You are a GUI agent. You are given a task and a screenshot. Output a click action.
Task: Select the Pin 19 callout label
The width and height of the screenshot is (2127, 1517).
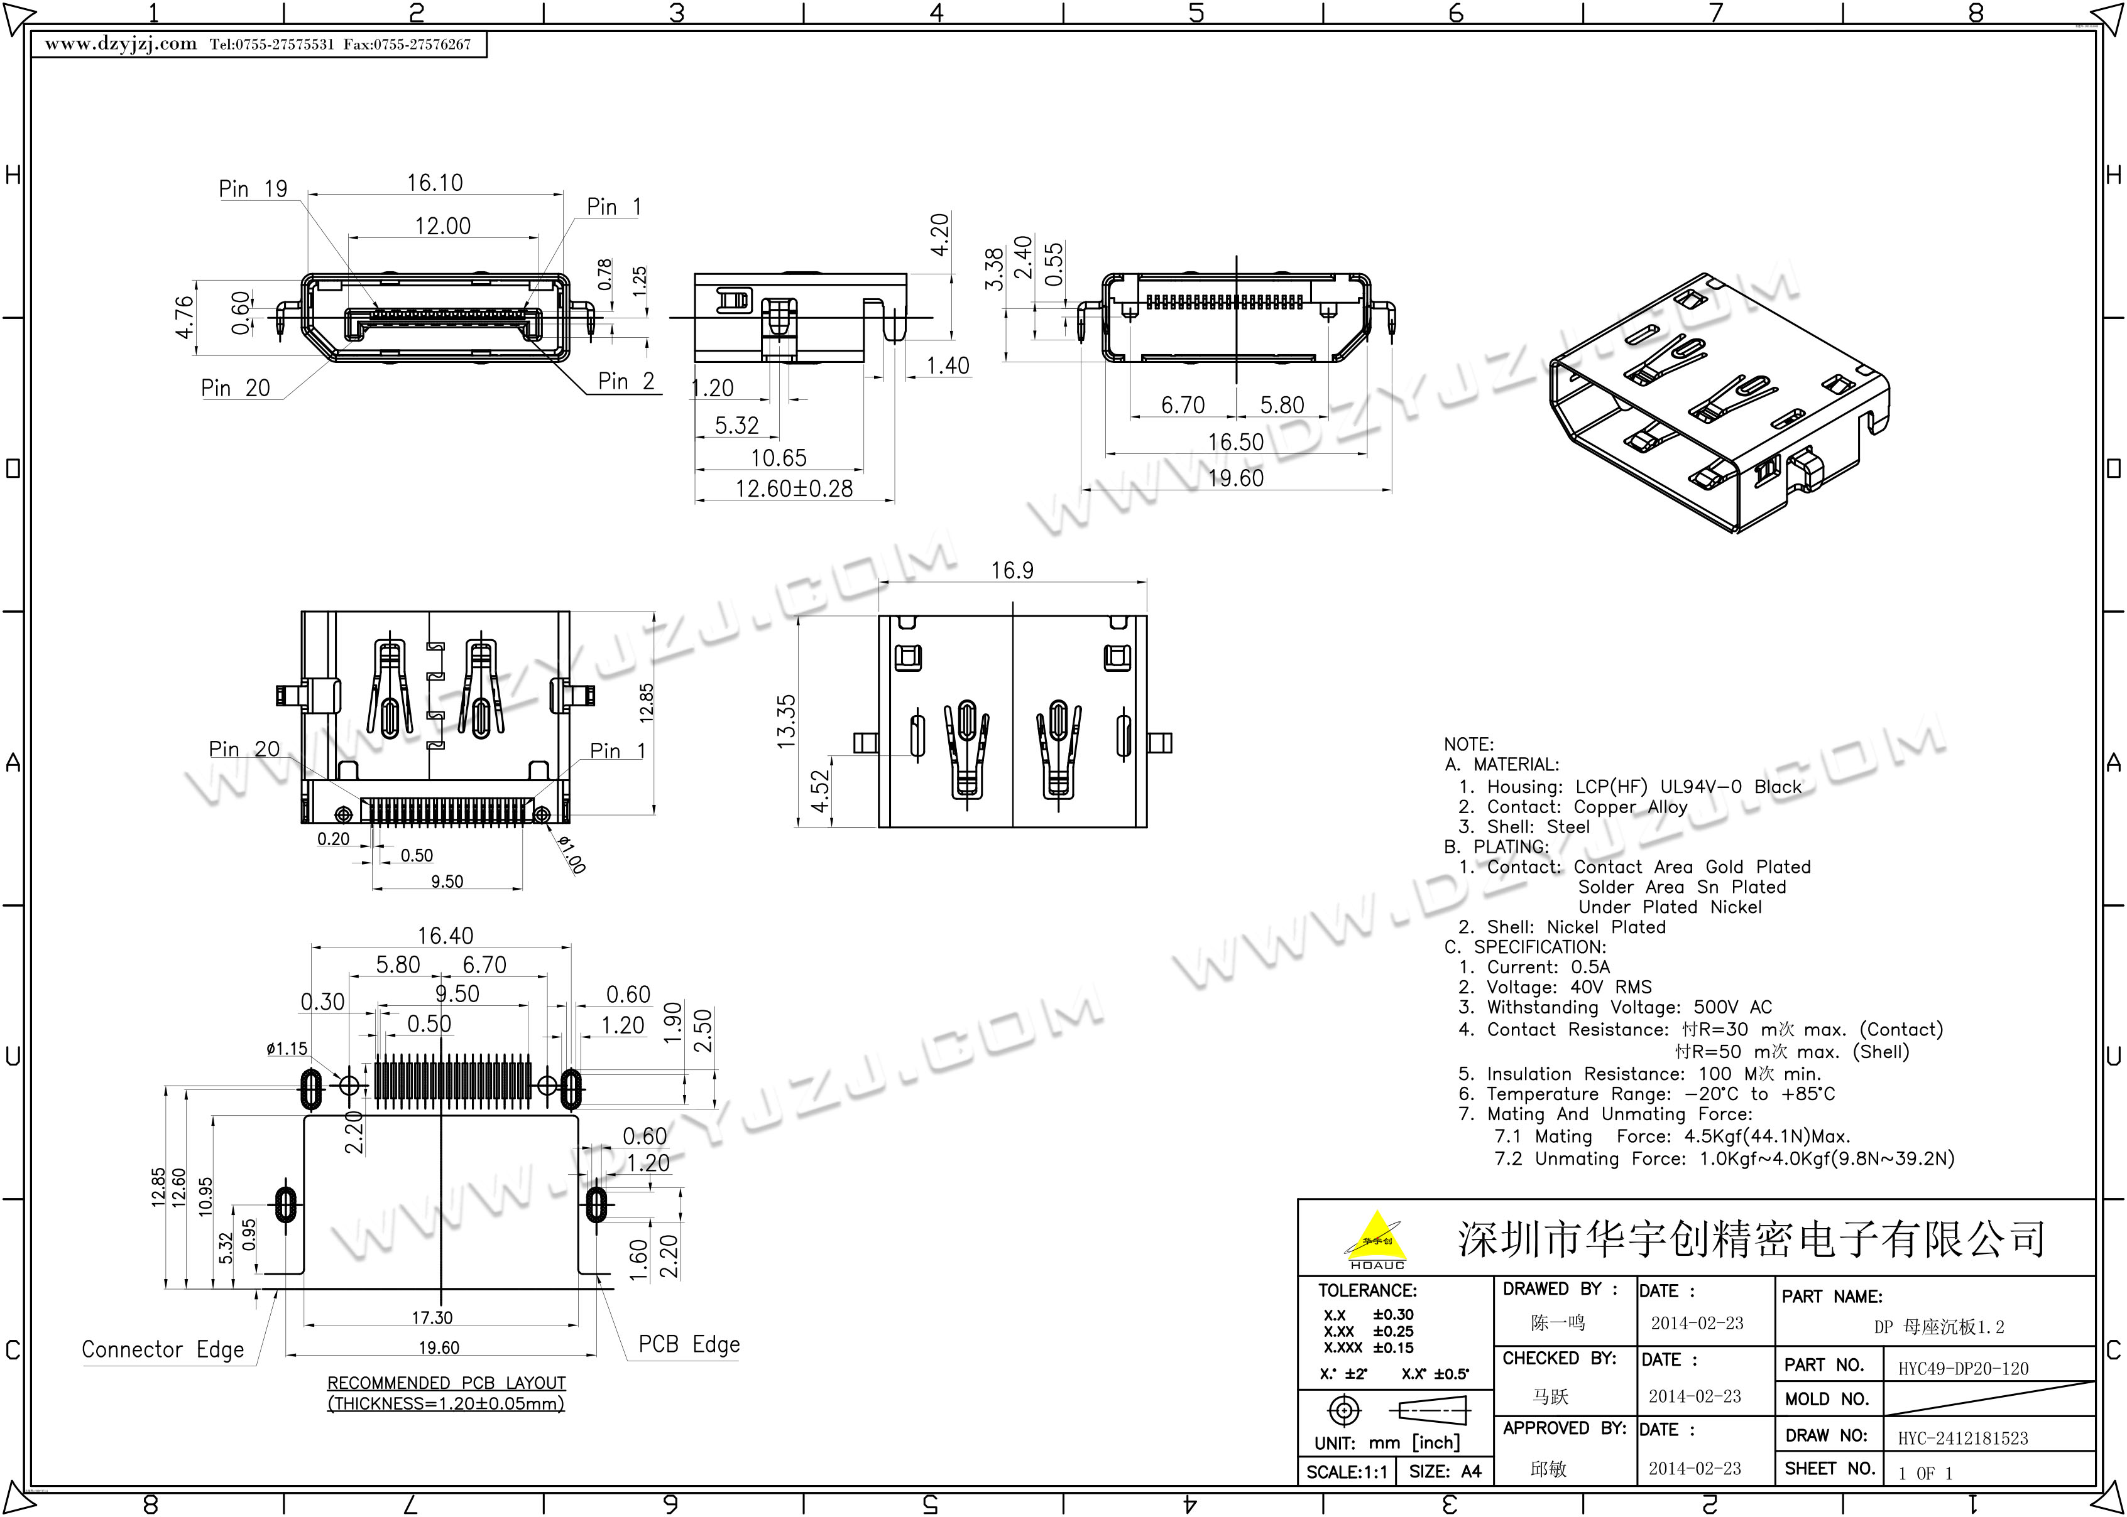(x=253, y=189)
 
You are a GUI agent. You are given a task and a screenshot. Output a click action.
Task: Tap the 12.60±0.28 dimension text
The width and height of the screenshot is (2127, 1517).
(x=794, y=489)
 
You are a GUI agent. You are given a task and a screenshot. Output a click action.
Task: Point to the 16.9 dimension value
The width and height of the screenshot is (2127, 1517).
(x=1012, y=570)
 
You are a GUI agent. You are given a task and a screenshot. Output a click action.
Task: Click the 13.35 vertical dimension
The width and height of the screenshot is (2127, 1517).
(x=786, y=721)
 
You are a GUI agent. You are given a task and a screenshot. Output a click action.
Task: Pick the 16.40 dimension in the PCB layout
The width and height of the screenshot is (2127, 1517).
(x=445, y=935)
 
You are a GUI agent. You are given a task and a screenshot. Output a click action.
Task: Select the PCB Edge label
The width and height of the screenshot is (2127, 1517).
(x=689, y=1344)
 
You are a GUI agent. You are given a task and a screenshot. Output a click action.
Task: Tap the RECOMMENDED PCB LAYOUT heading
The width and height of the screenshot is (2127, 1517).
(x=447, y=1383)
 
